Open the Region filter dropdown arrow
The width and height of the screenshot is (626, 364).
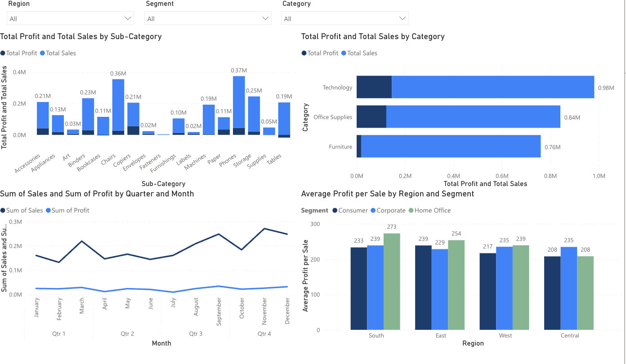coord(127,18)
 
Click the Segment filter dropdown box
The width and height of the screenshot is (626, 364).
coord(207,18)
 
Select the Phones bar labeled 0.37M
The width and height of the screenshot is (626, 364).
coord(239,103)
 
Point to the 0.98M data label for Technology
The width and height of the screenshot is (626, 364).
coord(606,88)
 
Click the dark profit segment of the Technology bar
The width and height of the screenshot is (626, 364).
coord(374,87)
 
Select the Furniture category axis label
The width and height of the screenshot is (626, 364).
coord(340,147)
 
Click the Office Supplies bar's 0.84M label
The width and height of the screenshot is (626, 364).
coord(572,117)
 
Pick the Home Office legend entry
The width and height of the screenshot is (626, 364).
coord(432,210)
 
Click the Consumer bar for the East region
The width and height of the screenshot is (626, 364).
coord(423,288)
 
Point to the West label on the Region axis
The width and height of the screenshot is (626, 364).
coord(505,335)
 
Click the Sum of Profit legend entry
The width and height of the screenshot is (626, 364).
coord(70,210)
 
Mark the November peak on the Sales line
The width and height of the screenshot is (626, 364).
coord(264,228)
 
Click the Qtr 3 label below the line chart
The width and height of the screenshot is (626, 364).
coord(196,334)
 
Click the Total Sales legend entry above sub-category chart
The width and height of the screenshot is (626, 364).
coord(61,53)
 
